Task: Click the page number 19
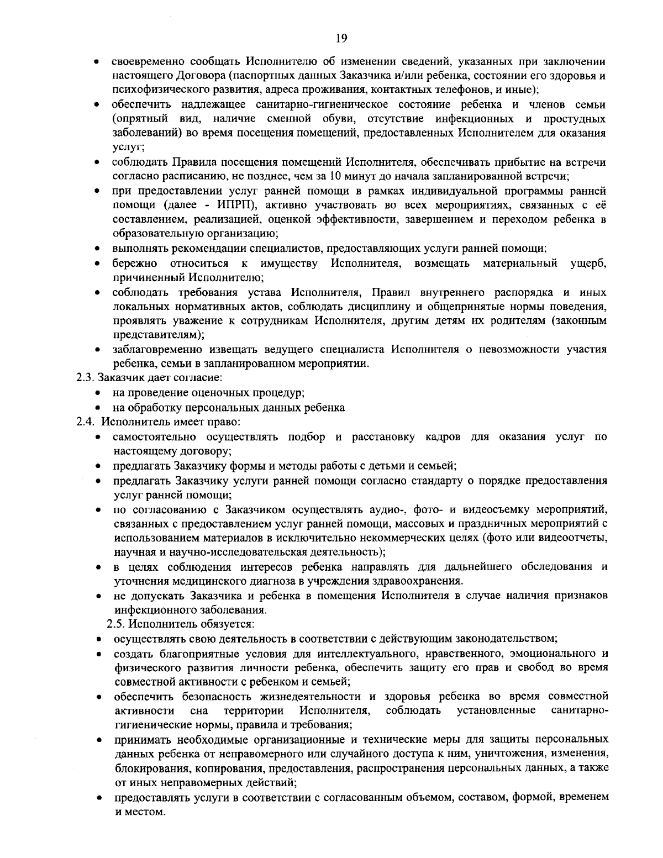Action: [x=340, y=38]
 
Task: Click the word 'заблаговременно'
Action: [x=158, y=349]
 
